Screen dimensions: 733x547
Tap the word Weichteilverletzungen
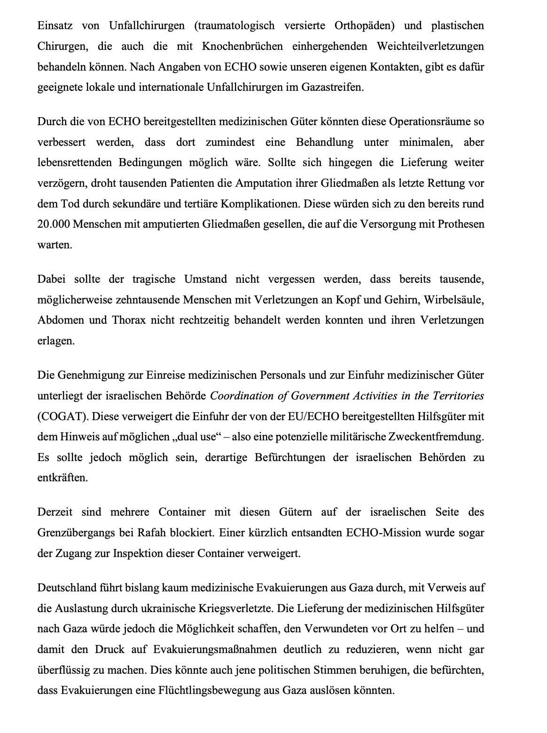(430, 46)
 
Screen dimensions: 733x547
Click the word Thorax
(129, 320)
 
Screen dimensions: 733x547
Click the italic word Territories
(458, 396)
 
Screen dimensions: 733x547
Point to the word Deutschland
(65, 588)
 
